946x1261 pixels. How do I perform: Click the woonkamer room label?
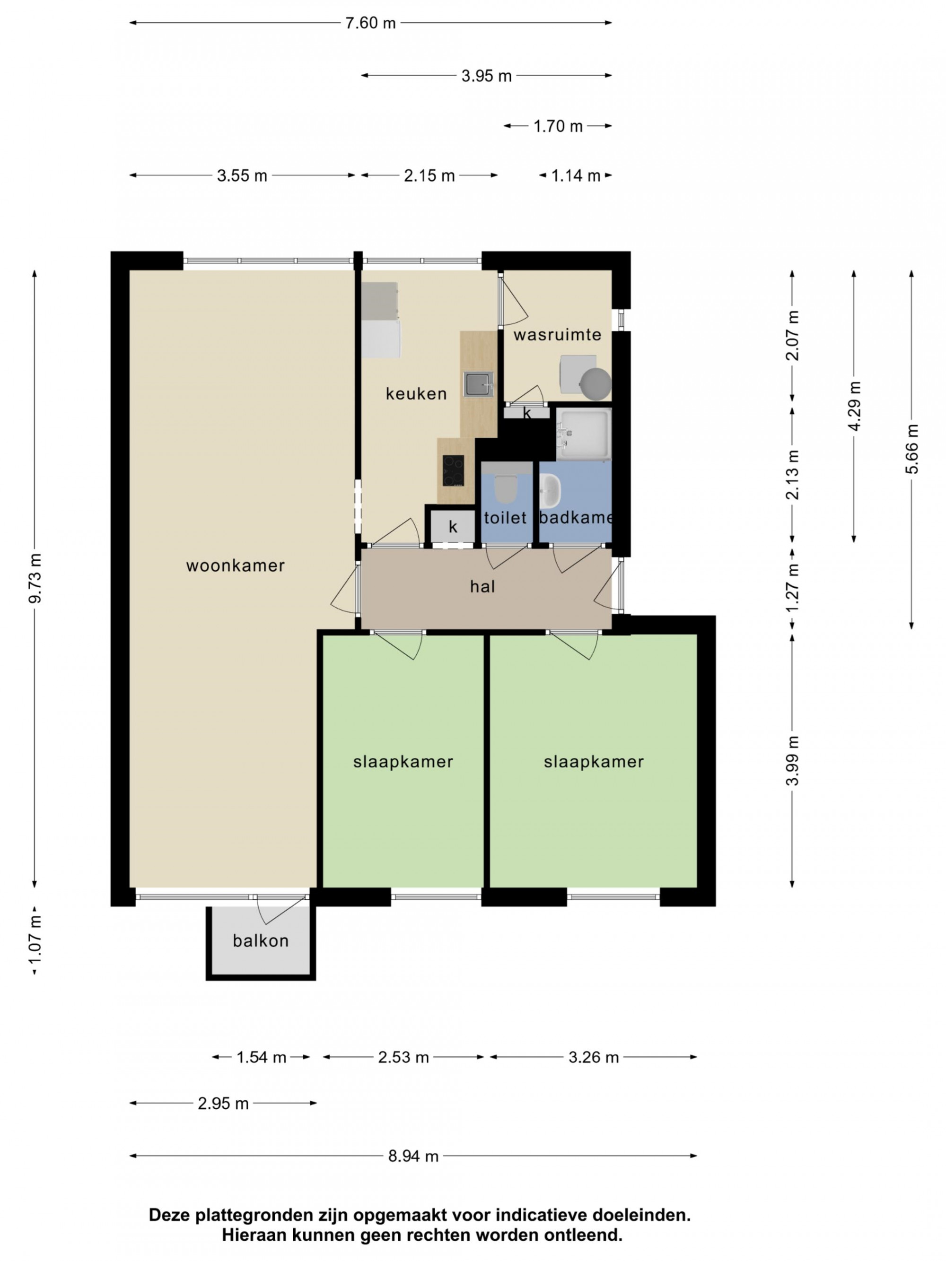pyautogui.click(x=235, y=566)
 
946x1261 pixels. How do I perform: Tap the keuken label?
pyautogui.click(x=416, y=393)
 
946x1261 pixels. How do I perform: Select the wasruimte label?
pyautogui.click(x=557, y=335)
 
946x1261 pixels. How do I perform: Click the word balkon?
pyautogui.click(x=261, y=940)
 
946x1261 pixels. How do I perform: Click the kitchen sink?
pyautogui.click(x=478, y=383)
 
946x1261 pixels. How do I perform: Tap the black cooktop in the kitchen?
pyautogui.click(x=453, y=470)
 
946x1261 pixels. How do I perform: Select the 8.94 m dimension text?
pyautogui.click(x=413, y=1156)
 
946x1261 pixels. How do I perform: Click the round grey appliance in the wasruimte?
pyautogui.click(x=596, y=383)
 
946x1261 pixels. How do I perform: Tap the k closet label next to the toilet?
pyautogui.click(x=453, y=526)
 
